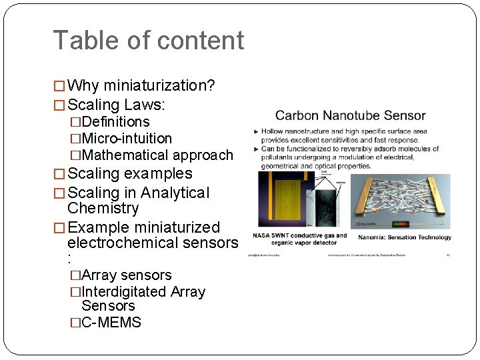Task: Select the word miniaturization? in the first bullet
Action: tap(159, 86)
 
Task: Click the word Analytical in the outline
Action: tap(175, 193)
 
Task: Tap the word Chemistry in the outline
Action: tap(103, 209)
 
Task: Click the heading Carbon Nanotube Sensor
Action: tap(351, 115)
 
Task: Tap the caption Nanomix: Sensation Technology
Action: tap(405, 237)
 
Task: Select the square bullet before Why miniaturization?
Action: tap(59, 86)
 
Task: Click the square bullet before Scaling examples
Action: tap(59, 175)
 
